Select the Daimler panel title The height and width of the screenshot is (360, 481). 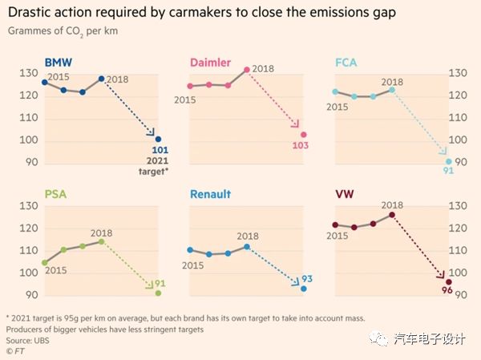tap(210, 63)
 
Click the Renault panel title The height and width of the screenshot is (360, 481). tap(210, 194)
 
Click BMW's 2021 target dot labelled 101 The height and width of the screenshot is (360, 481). tap(158, 140)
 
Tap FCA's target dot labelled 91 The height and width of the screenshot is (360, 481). tap(448, 161)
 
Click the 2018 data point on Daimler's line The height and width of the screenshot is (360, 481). tap(246, 70)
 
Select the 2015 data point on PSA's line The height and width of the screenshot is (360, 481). tap(45, 262)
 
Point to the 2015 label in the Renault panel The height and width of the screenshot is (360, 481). tap(193, 265)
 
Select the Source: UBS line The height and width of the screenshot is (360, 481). tap(27, 341)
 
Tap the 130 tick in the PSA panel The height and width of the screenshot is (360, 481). tap(26, 206)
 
